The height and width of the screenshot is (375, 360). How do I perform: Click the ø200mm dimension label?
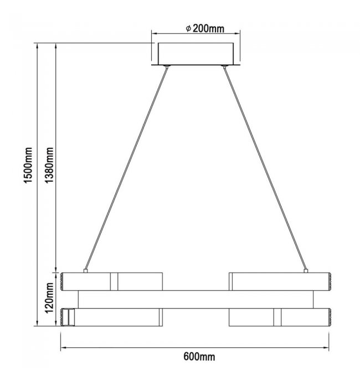(x=205, y=28)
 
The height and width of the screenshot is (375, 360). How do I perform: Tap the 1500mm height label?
(x=28, y=165)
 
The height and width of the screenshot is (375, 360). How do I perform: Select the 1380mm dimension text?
(x=49, y=165)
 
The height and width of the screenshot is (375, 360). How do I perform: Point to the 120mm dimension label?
(x=49, y=298)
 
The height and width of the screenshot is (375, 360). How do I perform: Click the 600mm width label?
(x=199, y=357)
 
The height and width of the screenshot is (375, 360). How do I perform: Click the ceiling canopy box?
(x=196, y=54)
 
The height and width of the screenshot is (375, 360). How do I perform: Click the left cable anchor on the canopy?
(x=167, y=66)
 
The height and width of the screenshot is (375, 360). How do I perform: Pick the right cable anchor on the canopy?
(x=224, y=66)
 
